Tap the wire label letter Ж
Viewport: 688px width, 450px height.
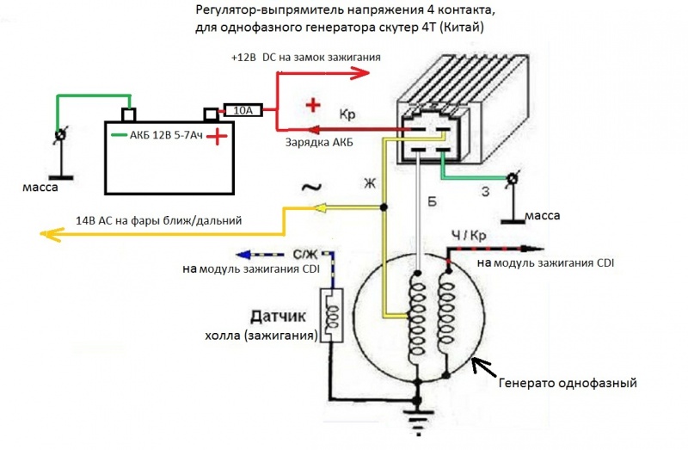coord(370,182)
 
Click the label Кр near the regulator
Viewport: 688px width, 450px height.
coord(348,114)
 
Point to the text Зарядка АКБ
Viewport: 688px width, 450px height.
coord(319,143)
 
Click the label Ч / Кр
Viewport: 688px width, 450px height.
coord(468,236)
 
